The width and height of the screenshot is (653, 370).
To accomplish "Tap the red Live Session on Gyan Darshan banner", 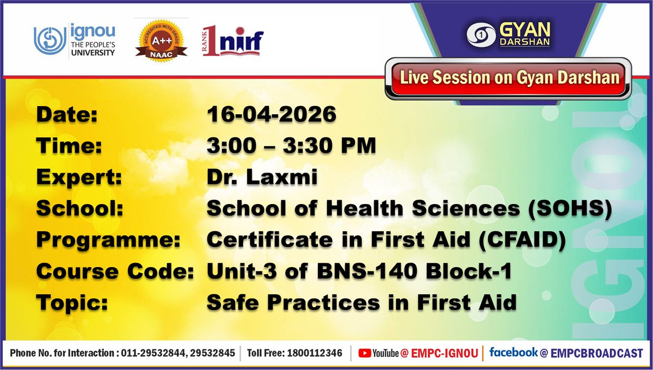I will point(509,78).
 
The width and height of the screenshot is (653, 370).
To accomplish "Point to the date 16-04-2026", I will point(272,115).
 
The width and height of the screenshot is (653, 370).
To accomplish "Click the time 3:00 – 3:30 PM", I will point(291,146).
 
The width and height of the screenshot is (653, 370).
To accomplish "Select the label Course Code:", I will point(115,271).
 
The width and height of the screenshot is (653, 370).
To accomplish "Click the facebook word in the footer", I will point(513,353).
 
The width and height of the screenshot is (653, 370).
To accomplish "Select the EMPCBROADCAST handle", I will point(596,353).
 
